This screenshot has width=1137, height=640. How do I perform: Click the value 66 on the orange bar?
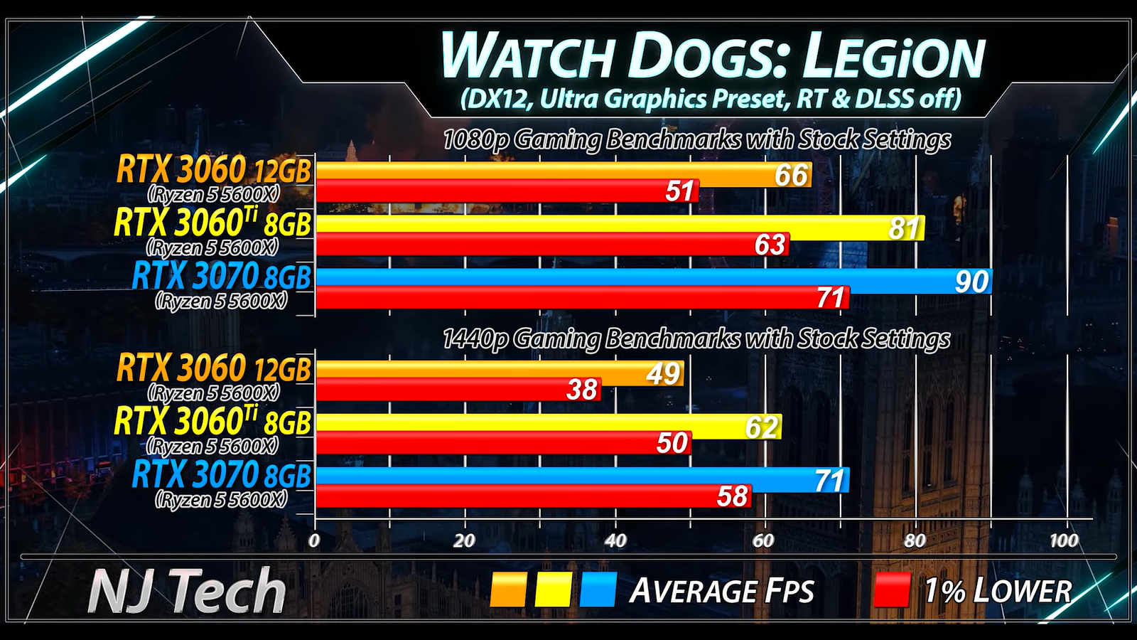tap(791, 175)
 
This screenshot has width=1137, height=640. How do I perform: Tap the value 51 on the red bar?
tap(679, 191)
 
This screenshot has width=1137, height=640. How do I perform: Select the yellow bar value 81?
tap(904, 228)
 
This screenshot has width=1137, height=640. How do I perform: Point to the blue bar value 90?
tap(971, 282)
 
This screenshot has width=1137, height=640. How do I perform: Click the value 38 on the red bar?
tap(582, 390)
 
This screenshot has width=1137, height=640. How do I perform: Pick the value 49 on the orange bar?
tap(663, 373)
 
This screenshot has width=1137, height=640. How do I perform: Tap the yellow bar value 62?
tap(762, 427)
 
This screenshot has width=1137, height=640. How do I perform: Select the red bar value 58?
tap(732, 496)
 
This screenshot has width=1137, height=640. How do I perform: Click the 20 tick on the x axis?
tap(464, 540)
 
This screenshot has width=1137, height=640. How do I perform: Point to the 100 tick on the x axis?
tap(1064, 540)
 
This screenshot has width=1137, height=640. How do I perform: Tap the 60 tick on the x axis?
tap(763, 540)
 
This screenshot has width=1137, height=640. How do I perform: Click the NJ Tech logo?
tap(187, 591)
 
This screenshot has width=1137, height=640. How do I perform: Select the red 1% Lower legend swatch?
tap(892, 590)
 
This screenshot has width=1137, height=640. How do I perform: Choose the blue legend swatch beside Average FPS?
tap(598, 590)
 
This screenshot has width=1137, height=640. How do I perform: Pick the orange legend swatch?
tap(508, 590)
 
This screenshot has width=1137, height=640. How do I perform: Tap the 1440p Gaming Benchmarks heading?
tap(696, 339)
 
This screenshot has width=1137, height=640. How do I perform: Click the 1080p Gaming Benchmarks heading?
tap(696, 139)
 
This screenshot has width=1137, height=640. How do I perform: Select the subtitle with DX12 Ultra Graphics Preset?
tap(711, 99)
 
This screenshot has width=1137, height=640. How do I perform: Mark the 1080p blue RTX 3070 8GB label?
tap(222, 277)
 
